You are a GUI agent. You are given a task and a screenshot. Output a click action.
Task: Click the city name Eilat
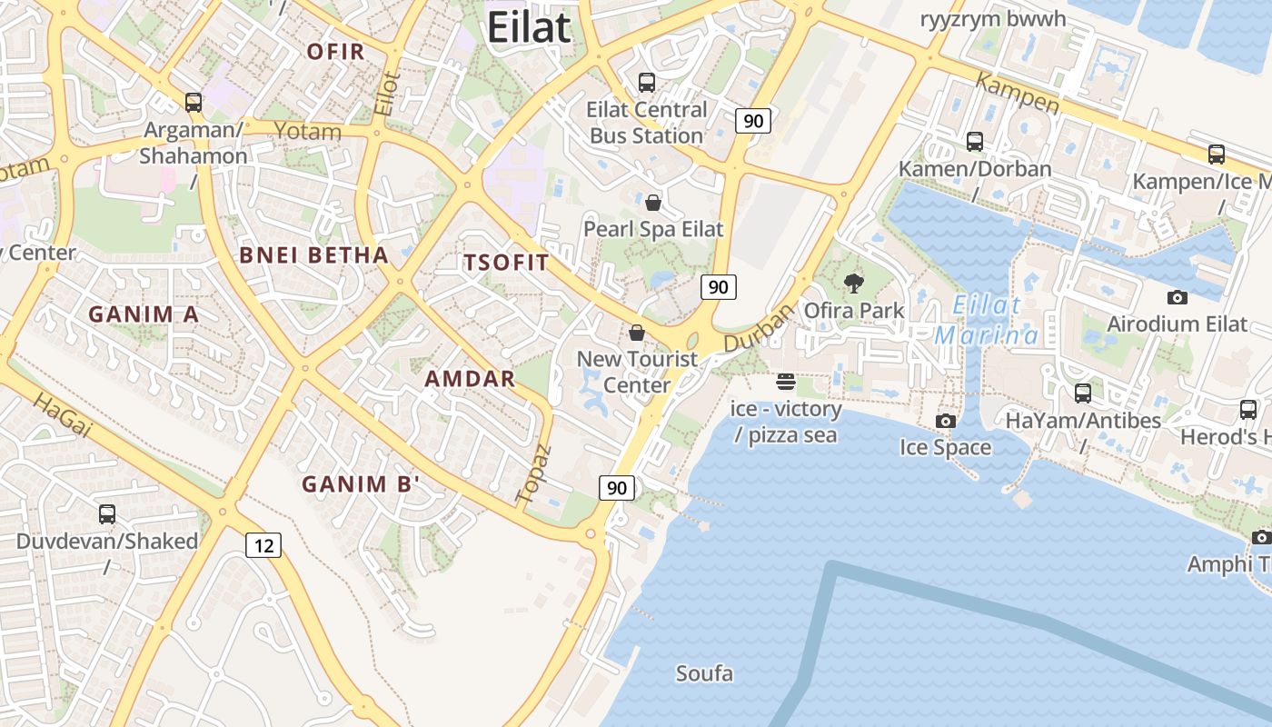tap(529, 27)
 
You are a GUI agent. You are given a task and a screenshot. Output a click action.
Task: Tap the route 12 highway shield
tap(263, 545)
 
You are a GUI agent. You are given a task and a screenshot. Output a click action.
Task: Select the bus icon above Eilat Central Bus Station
tap(647, 83)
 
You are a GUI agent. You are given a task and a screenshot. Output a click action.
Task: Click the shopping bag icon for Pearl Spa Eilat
tap(652, 202)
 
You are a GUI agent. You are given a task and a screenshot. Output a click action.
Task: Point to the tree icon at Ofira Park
tap(853, 284)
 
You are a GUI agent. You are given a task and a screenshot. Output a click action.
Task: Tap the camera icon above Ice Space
tap(946, 421)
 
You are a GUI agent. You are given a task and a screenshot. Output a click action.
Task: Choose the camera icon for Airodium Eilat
tap(1177, 297)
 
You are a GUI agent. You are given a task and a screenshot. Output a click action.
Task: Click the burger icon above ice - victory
tap(786, 381)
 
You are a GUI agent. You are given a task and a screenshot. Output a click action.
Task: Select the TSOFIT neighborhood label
tap(506, 264)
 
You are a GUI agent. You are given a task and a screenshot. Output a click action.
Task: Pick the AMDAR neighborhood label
tap(471, 379)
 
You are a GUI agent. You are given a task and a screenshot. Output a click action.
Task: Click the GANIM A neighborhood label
tap(144, 314)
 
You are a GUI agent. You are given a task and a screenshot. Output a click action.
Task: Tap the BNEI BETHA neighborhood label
tap(314, 255)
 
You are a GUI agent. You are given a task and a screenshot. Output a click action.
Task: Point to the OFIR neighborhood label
tap(335, 52)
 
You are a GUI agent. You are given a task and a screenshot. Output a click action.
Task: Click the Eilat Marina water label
tap(988, 320)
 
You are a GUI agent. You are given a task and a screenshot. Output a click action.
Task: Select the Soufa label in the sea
tap(704, 673)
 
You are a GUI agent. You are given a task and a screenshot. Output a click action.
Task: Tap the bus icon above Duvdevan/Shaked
tap(107, 514)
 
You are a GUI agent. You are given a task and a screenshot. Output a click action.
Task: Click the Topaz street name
tap(533, 473)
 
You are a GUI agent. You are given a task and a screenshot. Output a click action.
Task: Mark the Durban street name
tap(760, 327)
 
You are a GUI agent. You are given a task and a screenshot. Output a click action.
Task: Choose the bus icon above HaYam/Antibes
tap(1083, 393)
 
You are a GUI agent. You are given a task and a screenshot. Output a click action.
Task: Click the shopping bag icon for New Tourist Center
tap(637, 333)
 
